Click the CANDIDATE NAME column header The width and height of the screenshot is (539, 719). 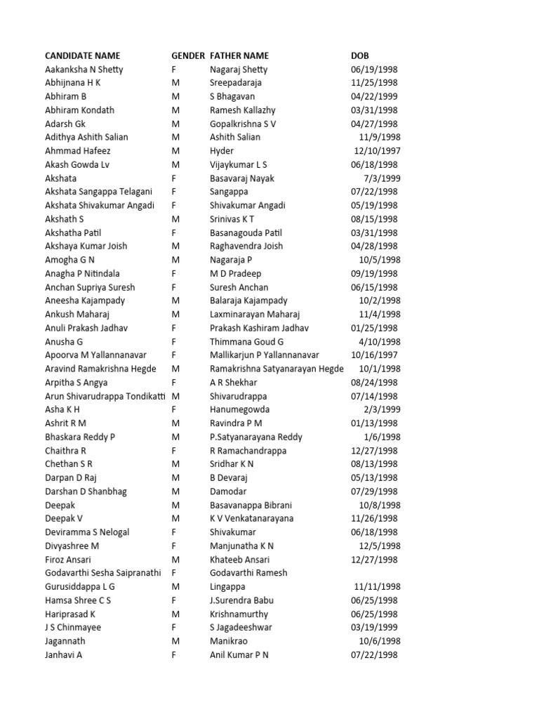click(82, 55)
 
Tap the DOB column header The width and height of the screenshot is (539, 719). click(359, 55)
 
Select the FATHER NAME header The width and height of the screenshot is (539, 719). click(239, 55)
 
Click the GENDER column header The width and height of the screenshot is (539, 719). click(188, 55)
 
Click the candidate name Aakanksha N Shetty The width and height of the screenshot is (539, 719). click(84, 70)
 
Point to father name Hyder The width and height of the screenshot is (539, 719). click(222, 151)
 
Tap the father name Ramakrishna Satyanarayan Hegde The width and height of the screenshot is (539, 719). click(277, 369)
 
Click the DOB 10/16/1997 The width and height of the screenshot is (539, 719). click(374, 355)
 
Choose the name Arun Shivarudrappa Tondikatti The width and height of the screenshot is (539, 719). click(105, 396)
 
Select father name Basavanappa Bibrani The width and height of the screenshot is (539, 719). click(251, 505)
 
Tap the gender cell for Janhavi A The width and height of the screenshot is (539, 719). click(174, 654)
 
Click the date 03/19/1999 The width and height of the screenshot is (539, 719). click(374, 627)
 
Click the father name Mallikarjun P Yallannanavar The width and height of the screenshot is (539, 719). click(265, 355)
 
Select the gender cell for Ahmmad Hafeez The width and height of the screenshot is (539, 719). click(176, 151)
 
